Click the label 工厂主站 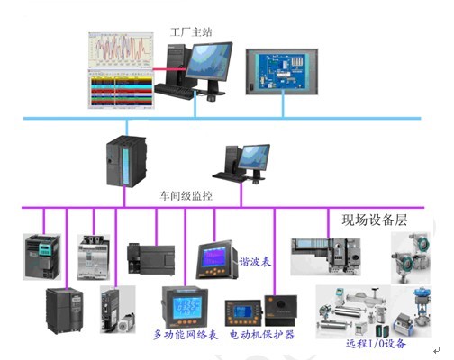click(x=191, y=32)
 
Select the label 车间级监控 click(x=186, y=196)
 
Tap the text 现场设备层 click(x=375, y=220)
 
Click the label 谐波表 click(x=255, y=262)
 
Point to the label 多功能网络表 click(x=186, y=335)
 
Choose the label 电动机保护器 click(x=262, y=335)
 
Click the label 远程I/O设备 click(x=376, y=343)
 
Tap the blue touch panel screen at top click(x=282, y=72)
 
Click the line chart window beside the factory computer click(x=121, y=50)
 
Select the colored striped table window click(x=121, y=89)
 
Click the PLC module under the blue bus click(x=126, y=161)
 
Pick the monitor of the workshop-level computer click(x=254, y=158)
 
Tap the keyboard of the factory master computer click(x=174, y=91)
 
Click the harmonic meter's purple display click(x=213, y=257)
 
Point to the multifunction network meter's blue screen click(x=187, y=308)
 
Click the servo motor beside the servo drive click(x=126, y=323)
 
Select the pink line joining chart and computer click(x=170, y=69)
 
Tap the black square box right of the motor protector click(x=281, y=310)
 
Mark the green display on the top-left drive click(x=46, y=249)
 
